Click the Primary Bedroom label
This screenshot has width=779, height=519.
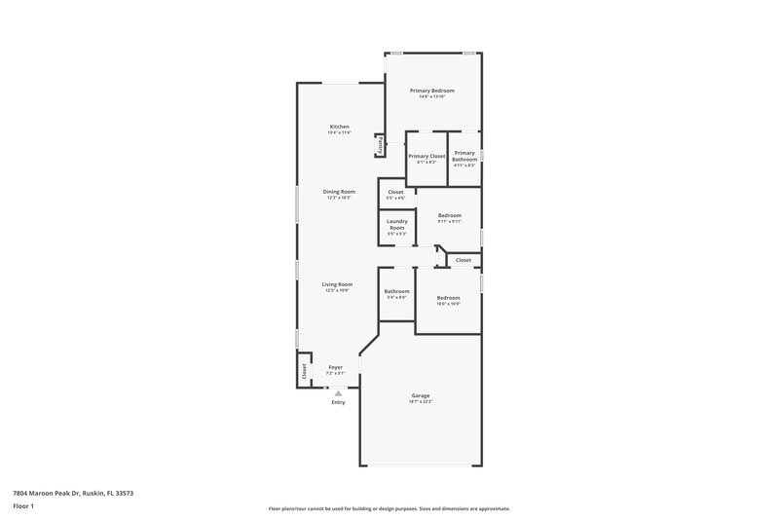click(x=432, y=91)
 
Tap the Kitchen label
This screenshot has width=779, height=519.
click(x=339, y=127)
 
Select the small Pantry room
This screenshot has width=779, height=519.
click(x=380, y=145)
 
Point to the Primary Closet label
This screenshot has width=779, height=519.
click(x=427, y=156)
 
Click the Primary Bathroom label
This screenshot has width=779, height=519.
click(x=464, y=156)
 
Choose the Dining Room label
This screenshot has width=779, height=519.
click(x=339, y=191)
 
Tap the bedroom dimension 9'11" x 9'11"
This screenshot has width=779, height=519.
click(x=449, y=221)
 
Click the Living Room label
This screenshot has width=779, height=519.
click(x=337, y=284)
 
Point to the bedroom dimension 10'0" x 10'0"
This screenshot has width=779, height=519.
click(x=448, y=303)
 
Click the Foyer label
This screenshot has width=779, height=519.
click(x=335, y=367)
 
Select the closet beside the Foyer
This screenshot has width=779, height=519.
click(x=304, y=370)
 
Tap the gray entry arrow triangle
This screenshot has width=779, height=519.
click(x=338, y=392)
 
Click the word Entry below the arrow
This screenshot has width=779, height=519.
click(x=338, y=402)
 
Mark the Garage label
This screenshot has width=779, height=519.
click(x=421, y=395)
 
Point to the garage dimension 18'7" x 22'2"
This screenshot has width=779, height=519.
click(x=421, y=401)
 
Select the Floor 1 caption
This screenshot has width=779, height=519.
click(x=23, y=508)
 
